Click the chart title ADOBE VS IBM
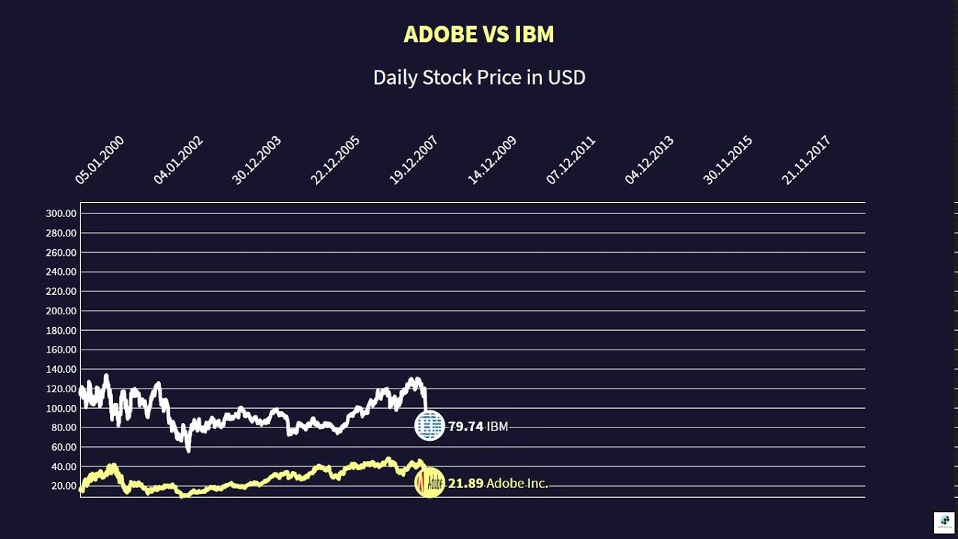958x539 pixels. click(x=478, y=34)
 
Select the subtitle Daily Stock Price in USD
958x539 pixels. click(x=479, y=77)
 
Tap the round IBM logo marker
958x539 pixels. click(x=430, y=426)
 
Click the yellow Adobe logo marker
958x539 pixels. click(x=430, y=483)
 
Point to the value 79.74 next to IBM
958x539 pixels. click(x=466, y=427)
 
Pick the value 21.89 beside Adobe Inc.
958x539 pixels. click(x=466, y=484)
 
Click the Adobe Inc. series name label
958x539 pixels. click(x=517, y=484)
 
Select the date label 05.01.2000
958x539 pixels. click(x=100, y=160)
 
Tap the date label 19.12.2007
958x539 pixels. click(x=413, y=160)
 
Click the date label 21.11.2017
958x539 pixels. click(x=806, y=160)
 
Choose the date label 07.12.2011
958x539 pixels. click(x=570, y=160)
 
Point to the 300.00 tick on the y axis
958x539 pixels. click(x=61, y=213)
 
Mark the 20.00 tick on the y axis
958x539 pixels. click(x=64, y=486)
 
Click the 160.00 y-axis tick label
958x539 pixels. click(x=61, y=350)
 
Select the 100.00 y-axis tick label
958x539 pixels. click(x=61, y=408)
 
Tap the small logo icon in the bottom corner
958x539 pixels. click(x=943, y=522)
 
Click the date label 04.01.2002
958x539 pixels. click(x=178, y=160)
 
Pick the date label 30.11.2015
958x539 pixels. click(x=727, y=160)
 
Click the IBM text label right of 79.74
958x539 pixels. click(x=498, y=427)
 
